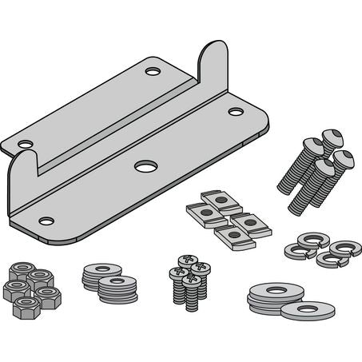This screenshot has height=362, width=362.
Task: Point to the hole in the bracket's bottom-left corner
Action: tap(46, 220)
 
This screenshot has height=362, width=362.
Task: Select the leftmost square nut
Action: tap(197, 212)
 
